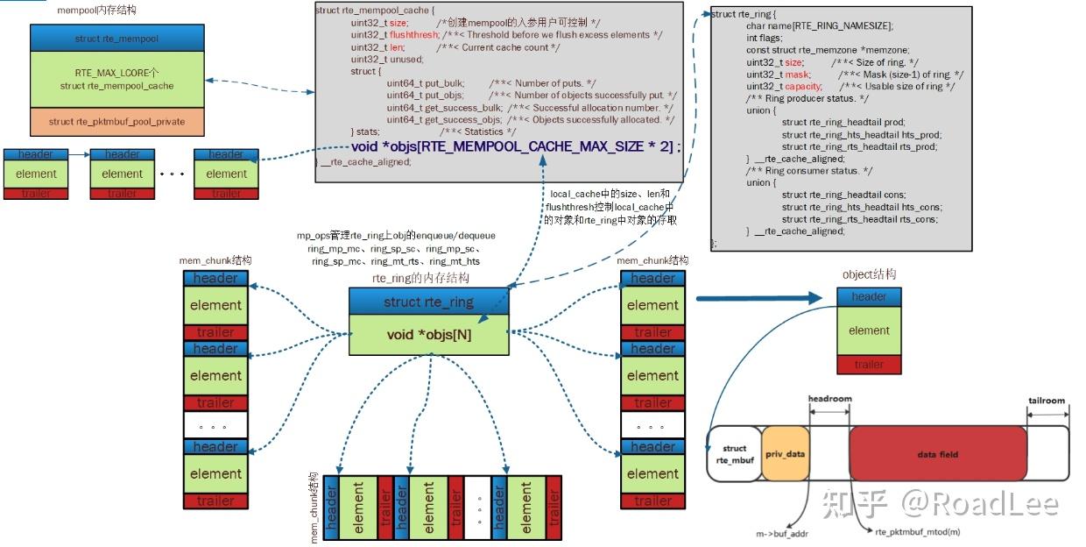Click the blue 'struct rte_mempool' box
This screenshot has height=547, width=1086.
pyautogui.click(x=117, y=39)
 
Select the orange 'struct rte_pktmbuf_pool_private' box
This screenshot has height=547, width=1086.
pyautogui.click(x=117, y=122)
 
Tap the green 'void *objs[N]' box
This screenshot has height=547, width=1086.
pyautogui.click(x=428, y=335)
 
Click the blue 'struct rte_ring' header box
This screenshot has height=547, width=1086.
pyautogui.click(x=428, y=302)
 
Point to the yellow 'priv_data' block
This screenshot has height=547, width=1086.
pyautogui.click(x=785, y=454)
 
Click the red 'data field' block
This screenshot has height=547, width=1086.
pyautogui.click(x=937, y=454)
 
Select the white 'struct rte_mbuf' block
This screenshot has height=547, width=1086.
pyautogui.click(x=734, y=454)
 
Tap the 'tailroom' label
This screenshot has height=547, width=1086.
pyautogui.click(x=1047, y=401)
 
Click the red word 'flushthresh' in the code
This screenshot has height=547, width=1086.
pyautogui.click(x=413, y=34)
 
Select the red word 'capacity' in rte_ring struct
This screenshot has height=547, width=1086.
pyautogui.click(x=802, y=87)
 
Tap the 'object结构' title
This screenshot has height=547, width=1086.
pyautogui.click(x=869, y=274)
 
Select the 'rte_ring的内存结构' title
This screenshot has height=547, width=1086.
pyautogui.click(x=420, y=278)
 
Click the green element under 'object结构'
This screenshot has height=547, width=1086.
pyautogui.click(x=869, y=330)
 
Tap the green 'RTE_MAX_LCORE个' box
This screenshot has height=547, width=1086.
pyautogui.click(x=117, y=80)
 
